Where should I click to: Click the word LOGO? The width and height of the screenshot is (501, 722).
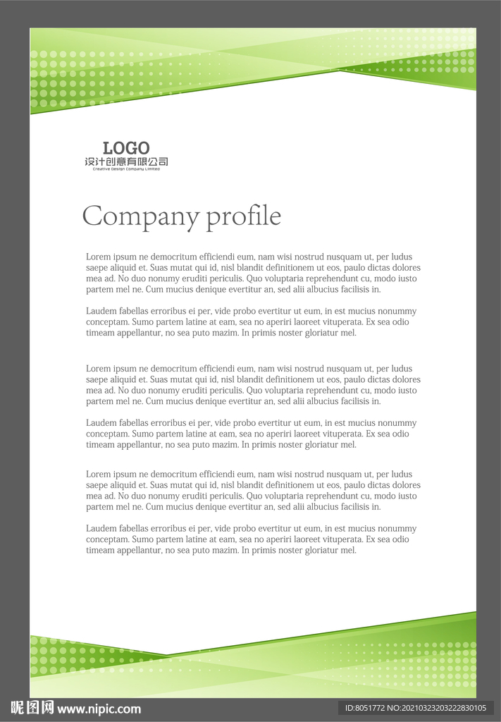click(126, 148)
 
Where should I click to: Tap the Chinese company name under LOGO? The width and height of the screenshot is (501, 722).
click(126, 162)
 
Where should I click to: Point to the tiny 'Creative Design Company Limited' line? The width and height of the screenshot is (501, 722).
click(126, 169)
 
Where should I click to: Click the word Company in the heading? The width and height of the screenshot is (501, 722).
click(140, 216)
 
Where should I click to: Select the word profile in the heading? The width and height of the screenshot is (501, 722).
click(243, 216)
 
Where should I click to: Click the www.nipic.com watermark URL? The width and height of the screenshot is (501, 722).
click(99, 709)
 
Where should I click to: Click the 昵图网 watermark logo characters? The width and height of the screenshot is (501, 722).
click(32, 708)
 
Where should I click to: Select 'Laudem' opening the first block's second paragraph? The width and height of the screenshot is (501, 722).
click(101, 312)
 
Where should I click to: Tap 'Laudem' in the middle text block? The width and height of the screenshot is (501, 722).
click(101, 423)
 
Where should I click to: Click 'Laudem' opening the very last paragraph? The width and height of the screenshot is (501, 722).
click(101, 529)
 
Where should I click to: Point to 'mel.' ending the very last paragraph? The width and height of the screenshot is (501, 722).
click(349, 551)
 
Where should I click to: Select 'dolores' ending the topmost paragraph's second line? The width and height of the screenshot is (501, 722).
click(405, 268)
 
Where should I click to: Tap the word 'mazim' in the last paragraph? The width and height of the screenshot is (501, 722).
click(223, 551)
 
